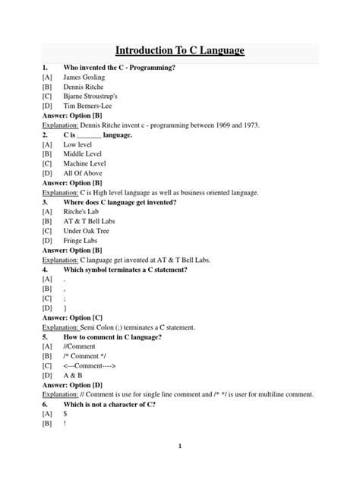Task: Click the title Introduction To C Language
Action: tap(180, 50)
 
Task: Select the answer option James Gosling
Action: tap(84, 77)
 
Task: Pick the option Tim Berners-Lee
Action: tap(88, 106)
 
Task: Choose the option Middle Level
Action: tap(85, 154)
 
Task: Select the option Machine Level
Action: tap(86, 163)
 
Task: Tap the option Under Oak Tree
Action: tap(88, 231)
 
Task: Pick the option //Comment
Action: tap(81, 346)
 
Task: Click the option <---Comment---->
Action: tap(90, 365)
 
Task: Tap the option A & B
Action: tap(75, 375)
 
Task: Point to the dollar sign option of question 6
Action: tap(65, 414)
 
